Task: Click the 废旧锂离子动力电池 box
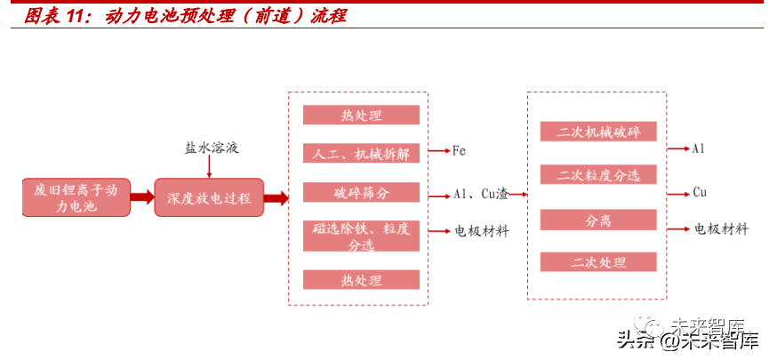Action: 76,198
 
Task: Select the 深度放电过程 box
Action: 209,198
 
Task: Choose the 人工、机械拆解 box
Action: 361,153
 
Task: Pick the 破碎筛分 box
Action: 361,193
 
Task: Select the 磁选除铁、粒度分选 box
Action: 361,236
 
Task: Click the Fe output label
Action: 459,151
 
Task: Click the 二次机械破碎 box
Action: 598,132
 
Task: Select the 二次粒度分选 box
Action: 598,175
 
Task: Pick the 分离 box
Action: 598,220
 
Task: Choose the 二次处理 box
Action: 598,262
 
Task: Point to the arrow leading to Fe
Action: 438,151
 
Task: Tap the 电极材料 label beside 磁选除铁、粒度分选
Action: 482,231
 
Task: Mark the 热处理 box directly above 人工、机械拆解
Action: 361,116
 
